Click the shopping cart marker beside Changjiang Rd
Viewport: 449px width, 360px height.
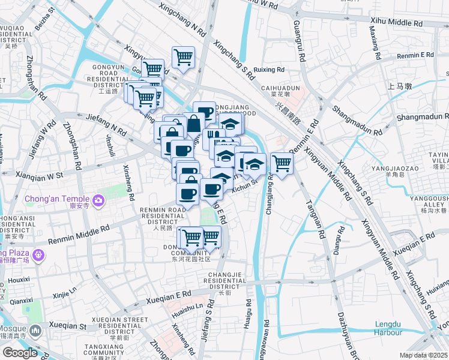(282, 163)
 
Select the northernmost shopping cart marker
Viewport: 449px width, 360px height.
(183, 58)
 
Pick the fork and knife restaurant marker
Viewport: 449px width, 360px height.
(213, 137)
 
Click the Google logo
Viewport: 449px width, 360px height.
(20, 353)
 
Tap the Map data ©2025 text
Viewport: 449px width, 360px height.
(423, 355)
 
